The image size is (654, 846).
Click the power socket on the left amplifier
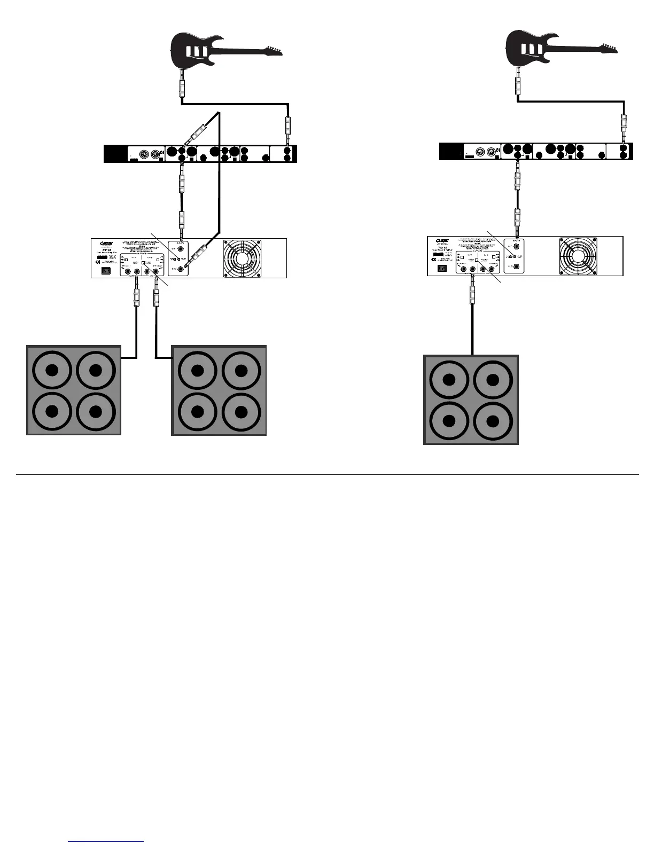105,271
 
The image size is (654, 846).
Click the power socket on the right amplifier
441,269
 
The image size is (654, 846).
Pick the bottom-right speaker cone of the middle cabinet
241,412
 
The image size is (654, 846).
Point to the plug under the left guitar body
183,85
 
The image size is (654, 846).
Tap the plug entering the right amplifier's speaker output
472,292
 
